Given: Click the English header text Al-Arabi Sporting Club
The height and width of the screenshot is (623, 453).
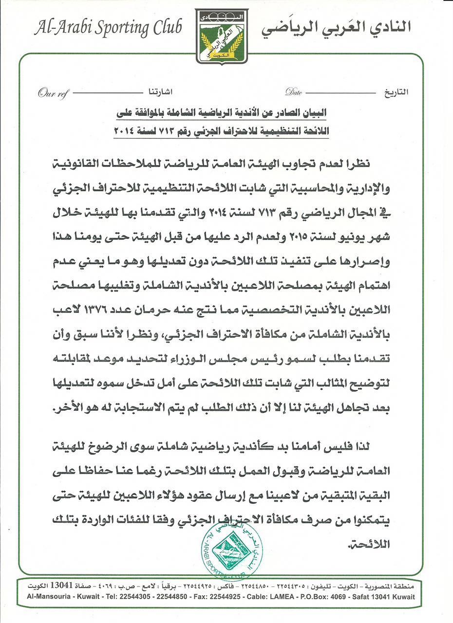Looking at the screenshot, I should pyautogui.click(x=108, y=28).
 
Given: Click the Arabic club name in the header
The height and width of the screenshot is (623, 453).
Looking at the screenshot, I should pyautogui.click(x=336, y=28).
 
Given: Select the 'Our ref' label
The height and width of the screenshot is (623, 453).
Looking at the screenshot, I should pyautogui.click(x=52, y=92).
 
